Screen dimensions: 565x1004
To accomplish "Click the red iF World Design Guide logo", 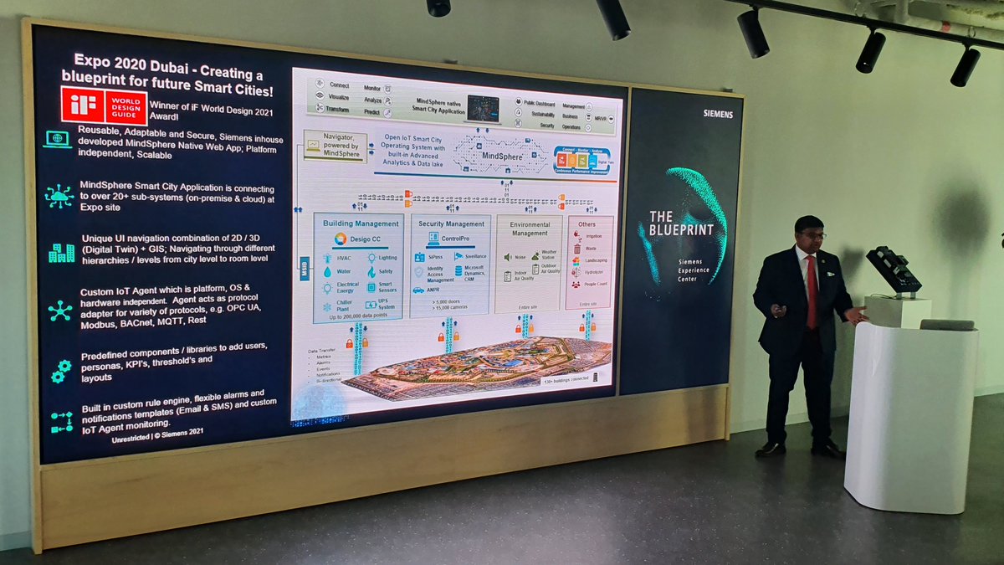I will pos(103,106).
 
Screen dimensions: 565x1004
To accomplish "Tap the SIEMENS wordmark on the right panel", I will pos(717,113).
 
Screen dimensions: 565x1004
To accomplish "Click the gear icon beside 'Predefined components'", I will pos(60,369).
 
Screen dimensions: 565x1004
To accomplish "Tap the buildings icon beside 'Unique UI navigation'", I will pos(60,252).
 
